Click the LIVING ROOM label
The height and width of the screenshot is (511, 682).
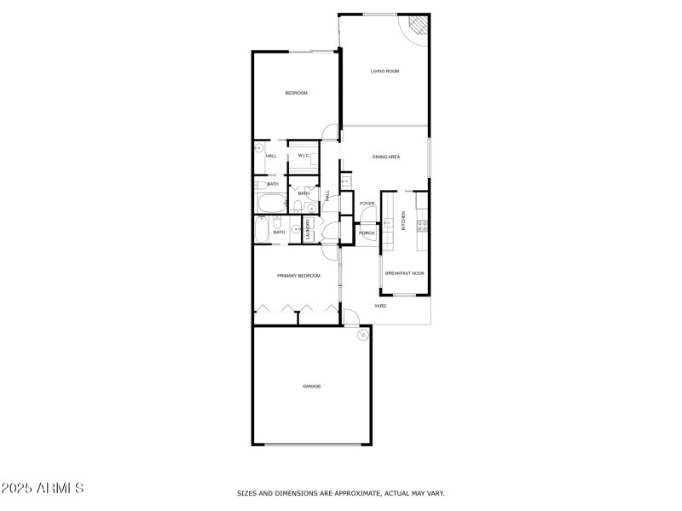click(384, 71)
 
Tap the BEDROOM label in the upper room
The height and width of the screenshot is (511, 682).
click(296, 93)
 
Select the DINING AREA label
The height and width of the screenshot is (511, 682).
click(386, 157)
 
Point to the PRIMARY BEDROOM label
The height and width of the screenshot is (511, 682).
click(298, 276)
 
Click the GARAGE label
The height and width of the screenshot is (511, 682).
click(312, 387)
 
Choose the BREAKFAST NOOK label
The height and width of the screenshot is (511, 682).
click(404, 273)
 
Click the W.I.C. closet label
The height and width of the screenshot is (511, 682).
click(303, 156)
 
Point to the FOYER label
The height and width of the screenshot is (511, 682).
click(367, 204)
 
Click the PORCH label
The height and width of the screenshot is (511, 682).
click(367, 233)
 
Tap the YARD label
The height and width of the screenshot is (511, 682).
click(380, 305)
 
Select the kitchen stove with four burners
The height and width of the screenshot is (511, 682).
click(419, 226)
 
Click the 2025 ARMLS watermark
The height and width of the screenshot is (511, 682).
click(43, 489)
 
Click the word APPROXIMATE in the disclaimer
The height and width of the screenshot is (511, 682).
click(348, 493)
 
